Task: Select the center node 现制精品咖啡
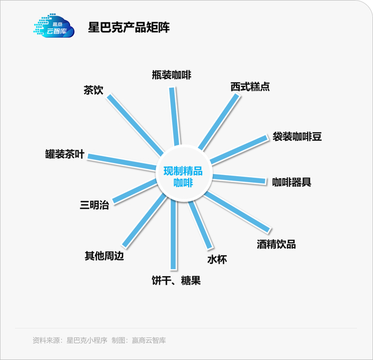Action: pyautogui.click(x=183, y=177)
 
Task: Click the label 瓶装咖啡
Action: pyautogui.click(x=171, y=75)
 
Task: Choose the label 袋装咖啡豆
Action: pyautogui.click(x=297, y=136)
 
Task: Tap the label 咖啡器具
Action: pyautogui.click(x=291, y=182)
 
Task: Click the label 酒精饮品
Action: pyautogui.click(x=276, y=244)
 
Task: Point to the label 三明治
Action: pyautogui.click(x=94, y=204)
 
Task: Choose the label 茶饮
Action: pyautogui.click(x=93, y=90)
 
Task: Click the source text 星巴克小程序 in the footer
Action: pyautogui.click(x=87, y=340)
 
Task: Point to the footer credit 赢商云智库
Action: pyautogui.click(x=149, y=340)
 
